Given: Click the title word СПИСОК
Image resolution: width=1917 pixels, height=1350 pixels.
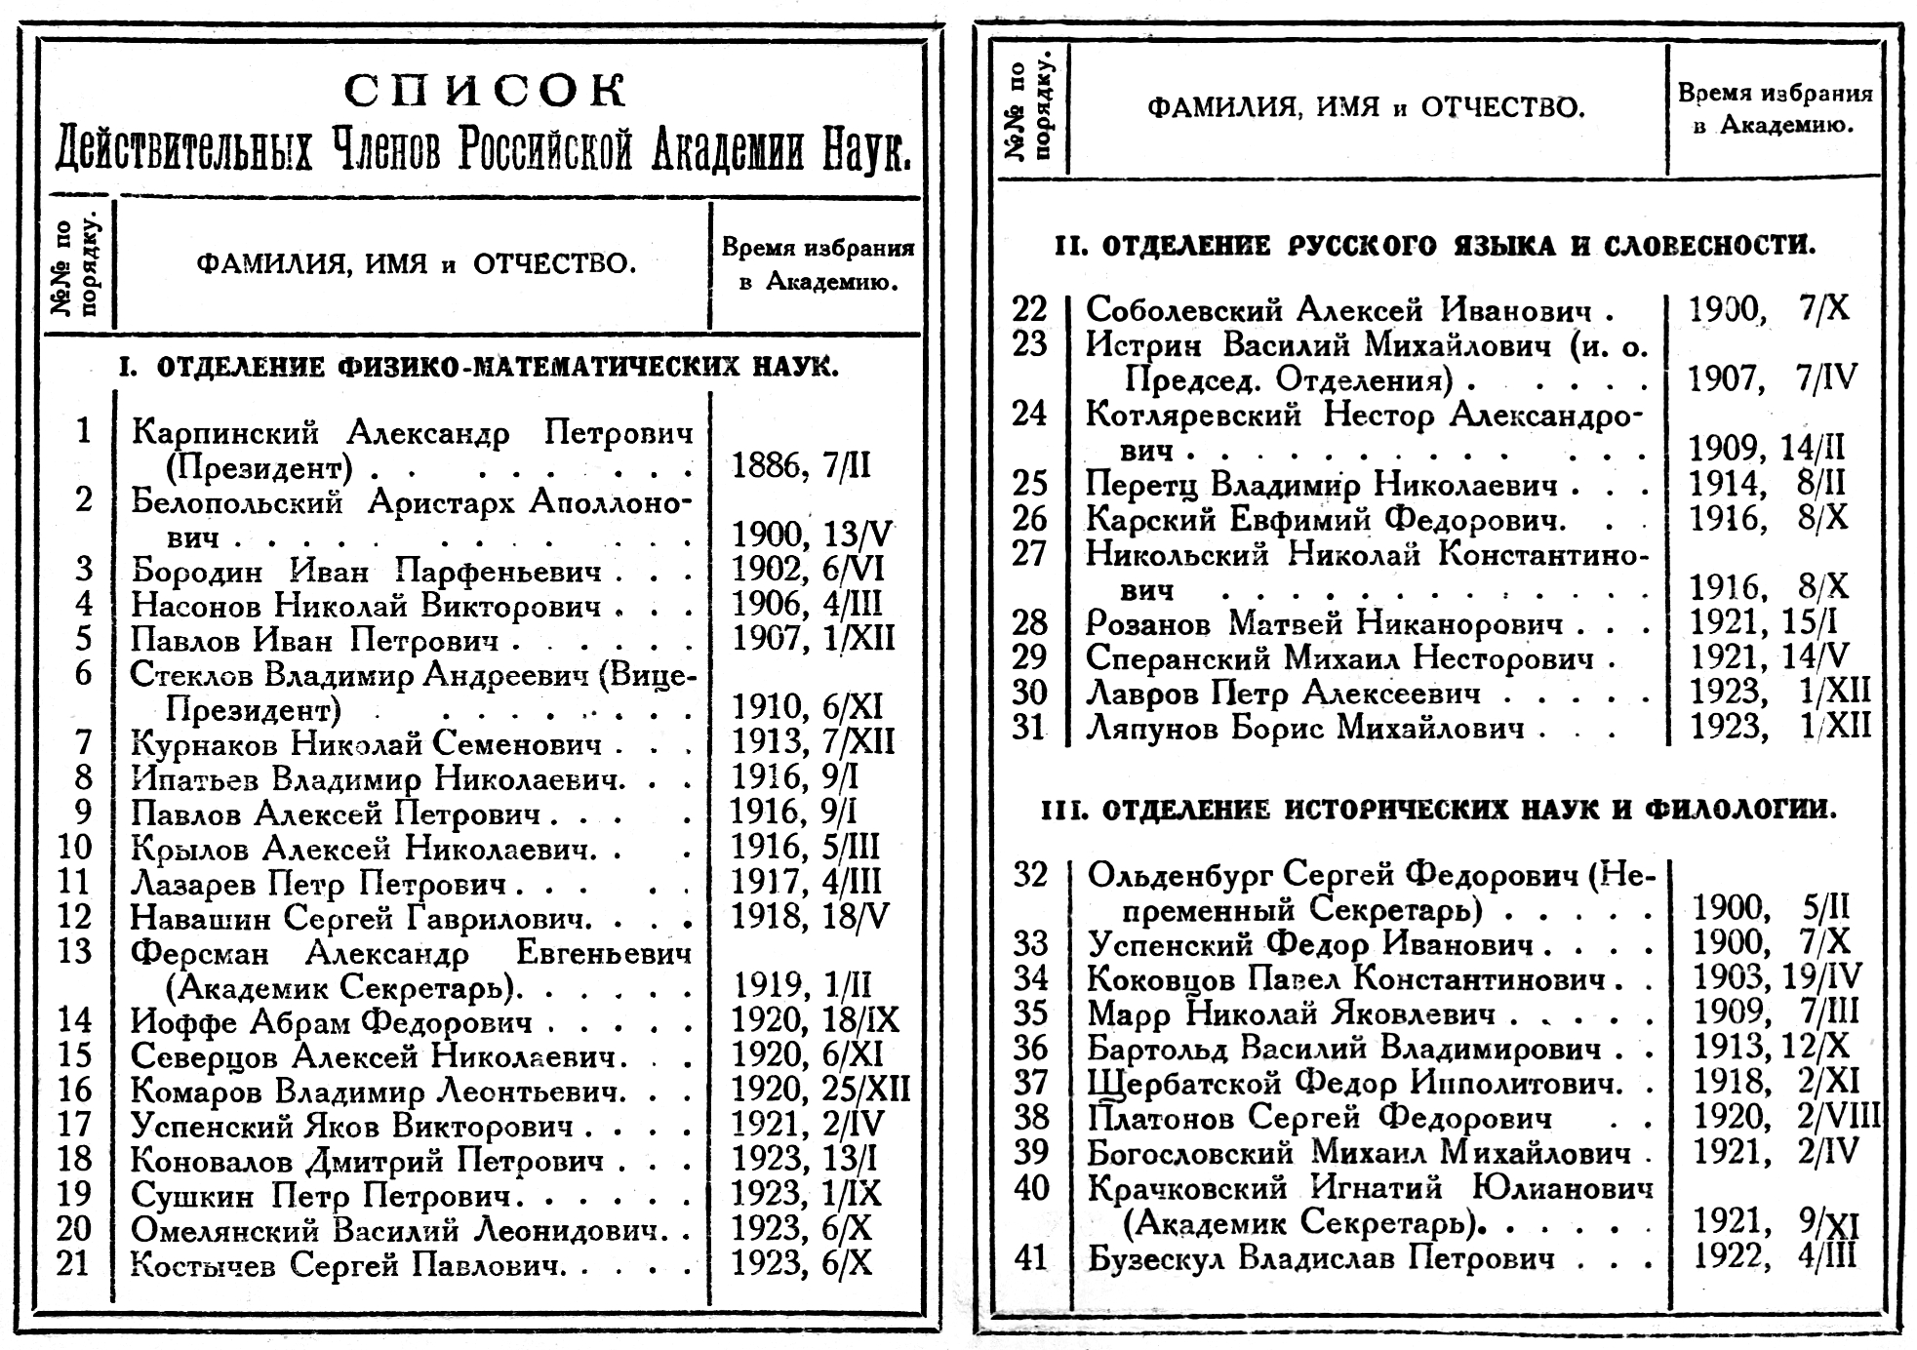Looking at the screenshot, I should pos(485,92).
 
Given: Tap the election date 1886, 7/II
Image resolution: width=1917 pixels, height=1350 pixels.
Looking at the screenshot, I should pos(801,467).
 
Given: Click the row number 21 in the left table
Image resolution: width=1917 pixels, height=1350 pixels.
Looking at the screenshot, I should pos(73,1263).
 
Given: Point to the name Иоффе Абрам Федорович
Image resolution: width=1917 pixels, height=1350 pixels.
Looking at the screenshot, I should pos(332,1022).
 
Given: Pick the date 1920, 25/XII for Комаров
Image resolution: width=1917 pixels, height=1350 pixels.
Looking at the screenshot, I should pos(820,1089).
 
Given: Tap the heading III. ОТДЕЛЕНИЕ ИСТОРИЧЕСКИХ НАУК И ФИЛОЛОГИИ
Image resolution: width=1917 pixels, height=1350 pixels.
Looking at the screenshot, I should pos(1439,810).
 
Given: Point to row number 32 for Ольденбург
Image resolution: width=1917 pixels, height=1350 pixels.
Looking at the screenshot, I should pos(1029,875).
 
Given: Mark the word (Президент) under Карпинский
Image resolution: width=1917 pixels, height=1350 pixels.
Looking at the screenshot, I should pos(259,468).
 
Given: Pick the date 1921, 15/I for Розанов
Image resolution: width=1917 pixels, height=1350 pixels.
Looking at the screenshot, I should pos(1767,622).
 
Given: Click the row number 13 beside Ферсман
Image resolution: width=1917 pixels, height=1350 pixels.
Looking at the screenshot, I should pos(74,951).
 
